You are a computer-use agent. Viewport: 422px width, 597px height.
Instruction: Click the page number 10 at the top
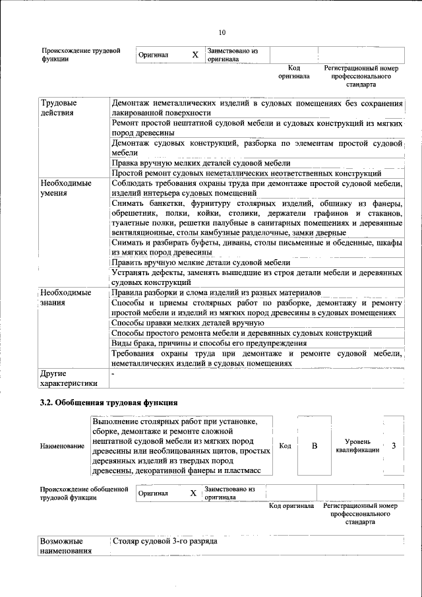pyautogui.click(x=222, y=32)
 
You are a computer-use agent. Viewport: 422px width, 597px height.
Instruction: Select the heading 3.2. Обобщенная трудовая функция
pyautogui.click(x=108, y=402)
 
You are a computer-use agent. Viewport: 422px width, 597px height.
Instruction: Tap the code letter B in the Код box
pyautogui.click(x=315, y=447)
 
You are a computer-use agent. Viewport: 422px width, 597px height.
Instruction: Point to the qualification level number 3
pyautogui.click(x=394, y=446)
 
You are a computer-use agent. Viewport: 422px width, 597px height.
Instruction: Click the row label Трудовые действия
pyautogui.click(x=59, y=108)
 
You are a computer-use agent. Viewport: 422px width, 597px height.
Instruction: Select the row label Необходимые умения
pyautogui.click(x=65, y=188)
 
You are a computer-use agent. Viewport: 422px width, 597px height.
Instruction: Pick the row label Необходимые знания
pyautogui.click(x=65, y=298)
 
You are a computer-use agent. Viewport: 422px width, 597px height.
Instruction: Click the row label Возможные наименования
pyautogui.click(x=65, y=546)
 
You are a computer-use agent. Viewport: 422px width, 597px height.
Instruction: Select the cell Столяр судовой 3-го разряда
pyautogui.click(x=165, y=542)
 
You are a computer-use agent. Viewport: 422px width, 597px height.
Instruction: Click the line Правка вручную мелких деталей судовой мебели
pyautogui.click(x=201, y=163)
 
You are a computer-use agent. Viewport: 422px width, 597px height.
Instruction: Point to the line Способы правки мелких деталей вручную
pyautogui.click(x=188, y=323)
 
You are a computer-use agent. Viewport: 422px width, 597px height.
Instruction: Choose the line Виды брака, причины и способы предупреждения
pyautogui.click(x=209, y=343)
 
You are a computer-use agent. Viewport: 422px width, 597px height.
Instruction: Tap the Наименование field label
pyautogui.click(x=62, y=447)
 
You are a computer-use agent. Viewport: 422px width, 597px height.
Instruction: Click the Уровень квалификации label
pyautogui.click(x=361, y=446)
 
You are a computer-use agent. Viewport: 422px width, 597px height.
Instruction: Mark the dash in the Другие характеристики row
pyautogui.click(x=113, y=374)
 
